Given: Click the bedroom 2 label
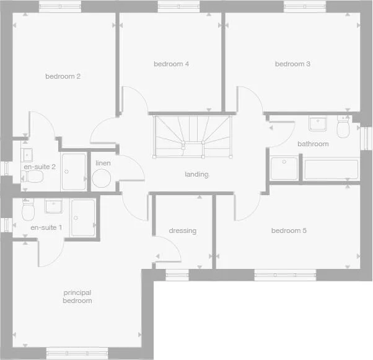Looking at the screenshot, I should (71, 77).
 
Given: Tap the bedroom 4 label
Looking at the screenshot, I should (171, 64).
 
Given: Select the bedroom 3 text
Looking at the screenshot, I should (292, 64).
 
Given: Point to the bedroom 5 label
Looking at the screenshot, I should (289, 231).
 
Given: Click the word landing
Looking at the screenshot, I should (196, 174).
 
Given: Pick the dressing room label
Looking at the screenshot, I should (182, 231).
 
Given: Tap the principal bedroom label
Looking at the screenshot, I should (77, 296).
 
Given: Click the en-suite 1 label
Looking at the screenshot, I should (46, 228).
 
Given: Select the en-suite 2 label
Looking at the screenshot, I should (40, 167).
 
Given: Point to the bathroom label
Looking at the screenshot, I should (313, 144).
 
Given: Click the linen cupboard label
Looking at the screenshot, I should (102, 163).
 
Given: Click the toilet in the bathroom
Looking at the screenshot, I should (342, 128).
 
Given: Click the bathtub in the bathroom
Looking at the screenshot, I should (330, 169).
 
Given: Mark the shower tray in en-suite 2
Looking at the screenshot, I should (74, 171).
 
